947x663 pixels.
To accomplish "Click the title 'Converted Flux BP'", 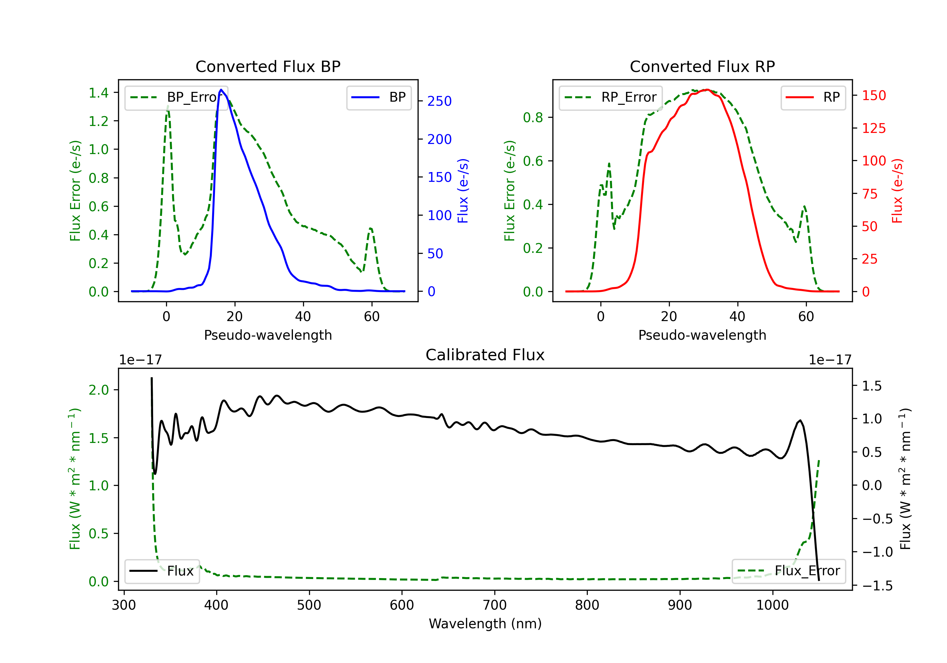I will click(268, 66).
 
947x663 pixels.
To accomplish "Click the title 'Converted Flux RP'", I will click(702, 66).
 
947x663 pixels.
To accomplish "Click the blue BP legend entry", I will click(378, 97).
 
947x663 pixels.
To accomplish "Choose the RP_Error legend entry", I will click(610, 97).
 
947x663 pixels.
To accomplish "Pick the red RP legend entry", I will click(813, 97).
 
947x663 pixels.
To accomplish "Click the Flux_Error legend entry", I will click(788, 571).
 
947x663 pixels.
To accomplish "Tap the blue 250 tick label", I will click(439, 101).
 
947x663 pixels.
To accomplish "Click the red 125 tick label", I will click(873, 128).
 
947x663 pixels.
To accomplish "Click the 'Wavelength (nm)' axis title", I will click(485, 624).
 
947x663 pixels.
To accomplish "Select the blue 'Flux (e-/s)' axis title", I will click(463, 191).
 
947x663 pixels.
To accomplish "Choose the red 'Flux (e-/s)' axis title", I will click(897, 191).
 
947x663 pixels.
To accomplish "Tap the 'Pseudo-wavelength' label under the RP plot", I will click(702, 335).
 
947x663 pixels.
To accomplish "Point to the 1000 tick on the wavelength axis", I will click(772, 605).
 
